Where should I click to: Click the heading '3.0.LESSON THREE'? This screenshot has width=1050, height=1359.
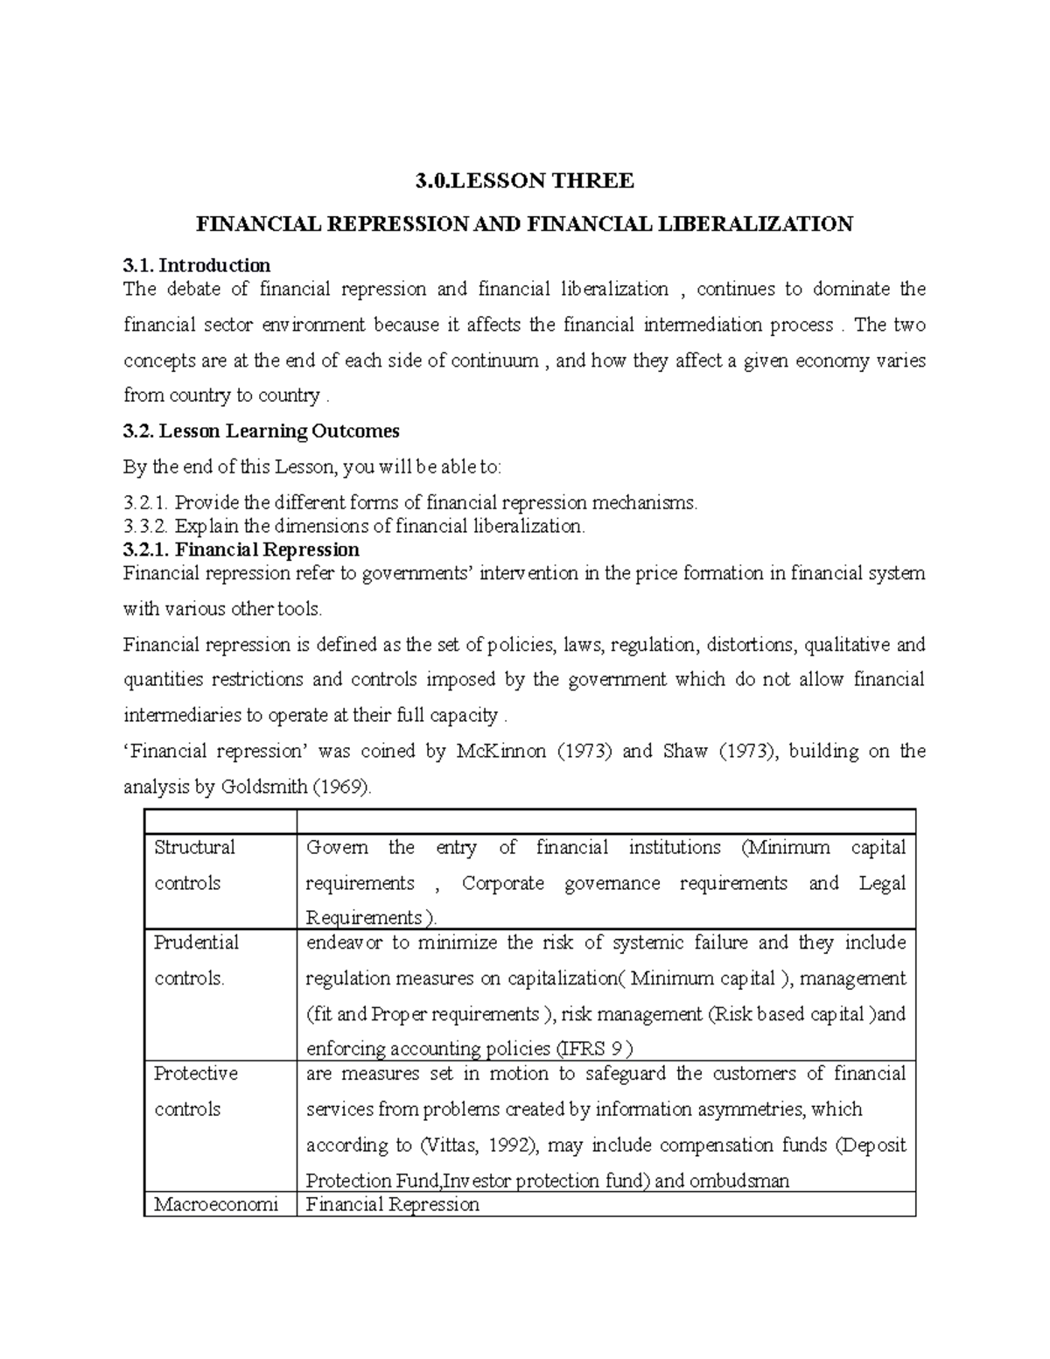(x=523, y=181)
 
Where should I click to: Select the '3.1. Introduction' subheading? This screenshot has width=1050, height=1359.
(x=197, y=265)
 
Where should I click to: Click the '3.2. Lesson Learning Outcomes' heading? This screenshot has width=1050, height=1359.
(x=262, y=431)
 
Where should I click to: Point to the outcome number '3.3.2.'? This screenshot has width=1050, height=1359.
(x=146, y=526)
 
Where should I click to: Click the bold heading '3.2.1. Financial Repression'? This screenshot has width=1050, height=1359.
(x=241, y=550)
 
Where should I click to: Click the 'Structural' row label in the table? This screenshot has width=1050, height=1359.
(x=194, y=847)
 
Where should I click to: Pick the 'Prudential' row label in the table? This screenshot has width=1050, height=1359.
(x=196, y=942)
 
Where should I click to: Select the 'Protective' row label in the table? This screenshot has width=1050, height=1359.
(x=195, y=1073)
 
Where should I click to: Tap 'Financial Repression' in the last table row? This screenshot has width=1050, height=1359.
(x=392, y=1204)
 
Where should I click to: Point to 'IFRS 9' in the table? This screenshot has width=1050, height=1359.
(x=591, y=1048)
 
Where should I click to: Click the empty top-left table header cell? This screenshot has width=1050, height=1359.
(x=219, y=821)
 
